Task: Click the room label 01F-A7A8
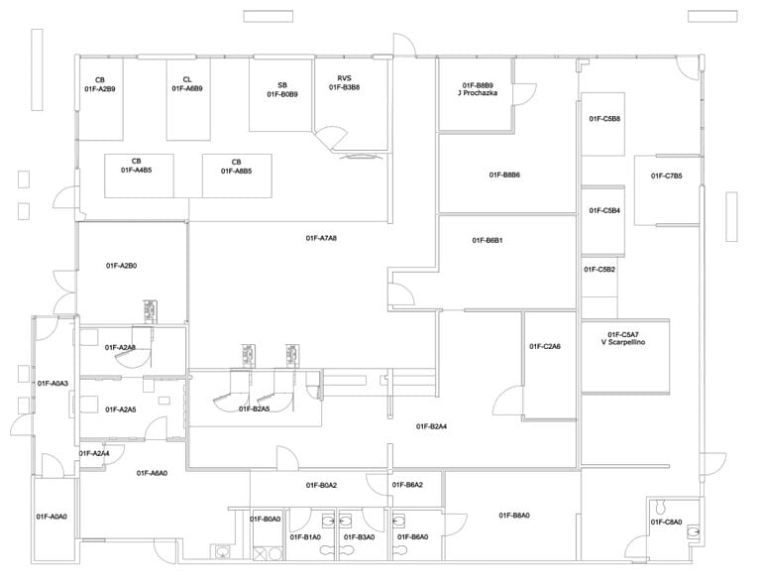click(321, 238)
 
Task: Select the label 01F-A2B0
click(121, 266)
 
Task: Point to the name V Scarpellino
click(624, 343)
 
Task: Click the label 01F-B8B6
click(504, 175)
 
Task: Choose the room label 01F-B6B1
click(487, 240)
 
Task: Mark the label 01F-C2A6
click(545, 346)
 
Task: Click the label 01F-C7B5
click(666, 175)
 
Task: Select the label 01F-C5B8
click(604, 119)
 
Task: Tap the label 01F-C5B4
click(604, 210)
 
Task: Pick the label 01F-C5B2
click(599, 270)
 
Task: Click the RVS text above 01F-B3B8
click(344, 78)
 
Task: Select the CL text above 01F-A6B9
click(187, 79)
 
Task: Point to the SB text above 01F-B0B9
click(282, 85)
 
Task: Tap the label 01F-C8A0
click(667, 522)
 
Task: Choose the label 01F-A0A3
click(53, 383)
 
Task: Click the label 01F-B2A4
click(431, 426)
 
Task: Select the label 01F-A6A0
click(152, 473)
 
